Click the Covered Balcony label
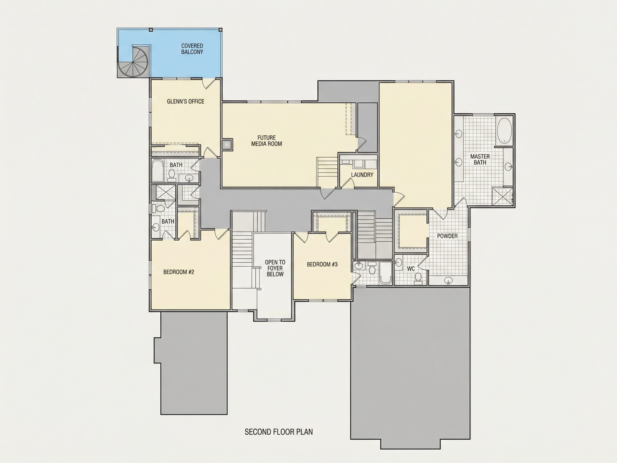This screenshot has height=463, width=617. coord(192,49)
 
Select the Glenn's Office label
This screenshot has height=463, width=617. coord(186,102)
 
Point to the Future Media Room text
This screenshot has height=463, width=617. coord(267,141)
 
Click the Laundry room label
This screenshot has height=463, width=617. coord(362,175)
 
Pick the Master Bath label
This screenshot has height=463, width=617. coord(480,159)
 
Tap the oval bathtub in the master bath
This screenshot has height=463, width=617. coord(504,130)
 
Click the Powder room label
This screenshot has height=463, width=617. coord(447,236)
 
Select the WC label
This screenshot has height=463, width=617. coord(411,269)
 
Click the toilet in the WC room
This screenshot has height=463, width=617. coord(418,278)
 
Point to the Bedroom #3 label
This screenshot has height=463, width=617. coord(322,264)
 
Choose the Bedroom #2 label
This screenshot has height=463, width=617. coord(179,272)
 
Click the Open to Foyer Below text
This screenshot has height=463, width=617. coord(275,268)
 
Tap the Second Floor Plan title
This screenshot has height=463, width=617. coord(279,432)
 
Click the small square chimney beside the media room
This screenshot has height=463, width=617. coord(227,145)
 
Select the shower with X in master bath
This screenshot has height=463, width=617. coord(502,196)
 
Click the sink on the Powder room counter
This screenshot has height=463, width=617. coord(448,280)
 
